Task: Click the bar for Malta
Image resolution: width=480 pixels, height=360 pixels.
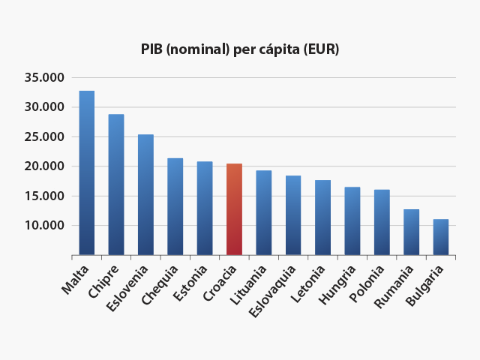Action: pos(87,173)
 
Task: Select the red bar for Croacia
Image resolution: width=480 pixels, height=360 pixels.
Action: pos(234,210)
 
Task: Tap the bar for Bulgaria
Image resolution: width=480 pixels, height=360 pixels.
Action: pos(440,237)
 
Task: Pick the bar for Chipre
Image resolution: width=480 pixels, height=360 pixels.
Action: pos(116,184)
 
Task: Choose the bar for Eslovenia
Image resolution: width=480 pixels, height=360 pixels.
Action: pos(145,195)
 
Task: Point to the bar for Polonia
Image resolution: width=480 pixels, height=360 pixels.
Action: pos(382,223)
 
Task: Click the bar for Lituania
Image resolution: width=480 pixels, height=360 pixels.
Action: pos(263,213)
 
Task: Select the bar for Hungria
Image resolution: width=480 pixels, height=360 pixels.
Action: pos(352,221)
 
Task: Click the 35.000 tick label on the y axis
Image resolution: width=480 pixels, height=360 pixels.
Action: pos(44,77)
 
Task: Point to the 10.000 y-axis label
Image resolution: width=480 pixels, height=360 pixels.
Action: pos(44,225)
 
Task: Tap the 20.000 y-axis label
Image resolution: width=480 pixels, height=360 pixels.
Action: pos(44,166)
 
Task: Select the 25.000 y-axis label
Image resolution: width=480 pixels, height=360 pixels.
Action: pos(44,136)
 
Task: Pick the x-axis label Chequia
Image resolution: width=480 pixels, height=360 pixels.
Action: pos(164,282)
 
